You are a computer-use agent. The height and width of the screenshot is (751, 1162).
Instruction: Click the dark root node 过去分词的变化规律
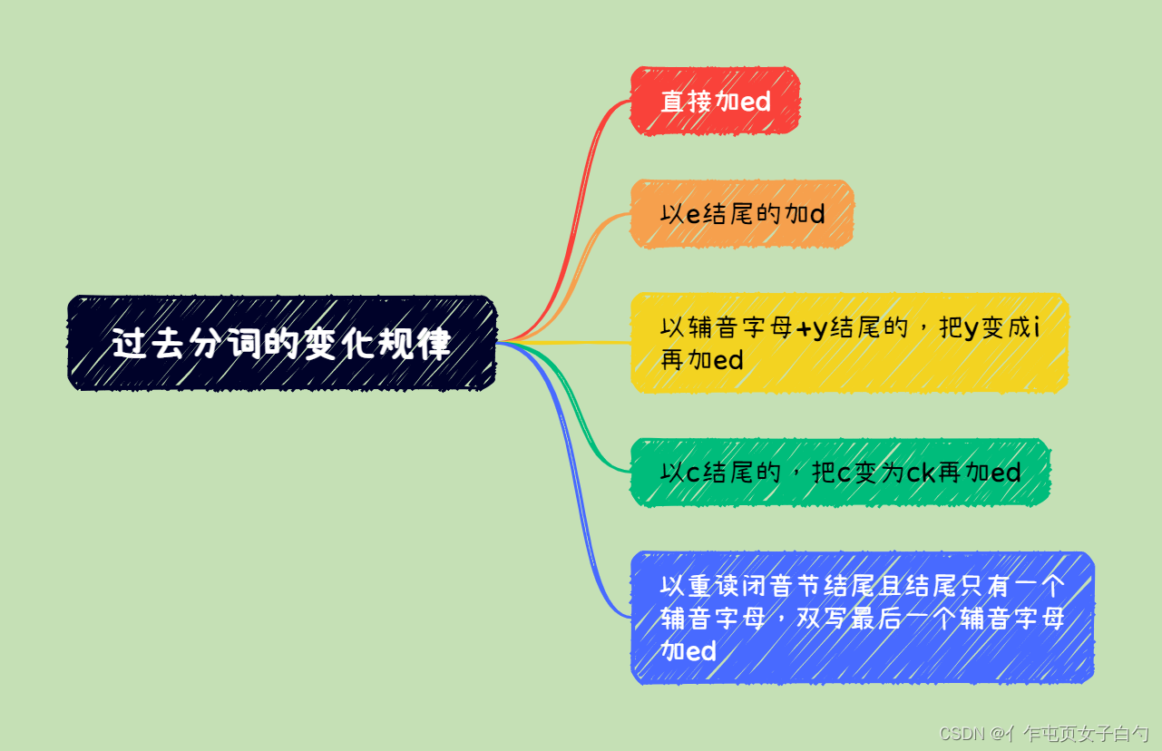(x=281, y=343)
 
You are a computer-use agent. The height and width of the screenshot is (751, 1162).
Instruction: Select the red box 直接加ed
(x=715, y=101)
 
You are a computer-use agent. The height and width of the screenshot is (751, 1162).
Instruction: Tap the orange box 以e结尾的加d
(x=742, y=213)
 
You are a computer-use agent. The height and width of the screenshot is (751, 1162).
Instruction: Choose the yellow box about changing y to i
(x=849, y=343)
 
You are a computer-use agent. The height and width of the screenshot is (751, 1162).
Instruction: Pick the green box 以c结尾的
(x=840, y=472)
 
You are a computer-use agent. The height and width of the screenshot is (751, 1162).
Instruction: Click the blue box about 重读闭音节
(x=862, y=617)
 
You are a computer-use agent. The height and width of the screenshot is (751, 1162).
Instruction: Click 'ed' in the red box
(x=755, y=102)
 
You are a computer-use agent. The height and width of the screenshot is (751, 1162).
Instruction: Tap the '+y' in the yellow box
(x=811, y=328)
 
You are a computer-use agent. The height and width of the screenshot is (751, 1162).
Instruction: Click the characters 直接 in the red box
(x=686, y=102)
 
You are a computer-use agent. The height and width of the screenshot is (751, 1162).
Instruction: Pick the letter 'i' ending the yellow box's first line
(x=1037, y=327)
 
